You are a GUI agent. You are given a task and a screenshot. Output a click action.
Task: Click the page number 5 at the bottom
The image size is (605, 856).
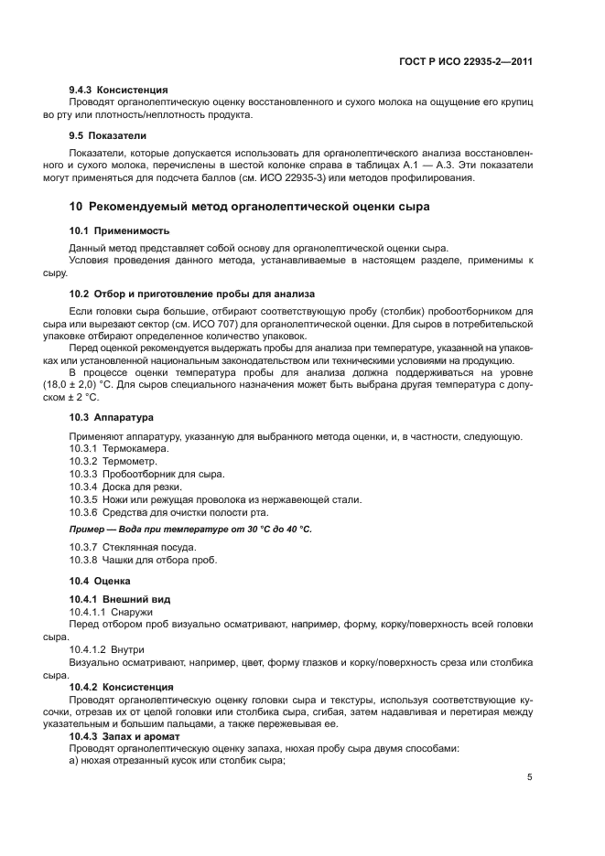[x=530, y=777]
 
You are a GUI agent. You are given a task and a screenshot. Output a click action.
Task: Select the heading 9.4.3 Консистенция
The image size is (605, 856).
[x=119, y=90]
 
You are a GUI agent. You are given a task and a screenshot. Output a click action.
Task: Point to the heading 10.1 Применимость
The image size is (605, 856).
[x=120, y=230]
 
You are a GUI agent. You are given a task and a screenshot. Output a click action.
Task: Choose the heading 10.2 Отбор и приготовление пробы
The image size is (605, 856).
[x=192, y=294]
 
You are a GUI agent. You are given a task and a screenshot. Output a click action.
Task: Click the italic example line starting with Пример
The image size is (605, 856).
[x=190, y=530]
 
